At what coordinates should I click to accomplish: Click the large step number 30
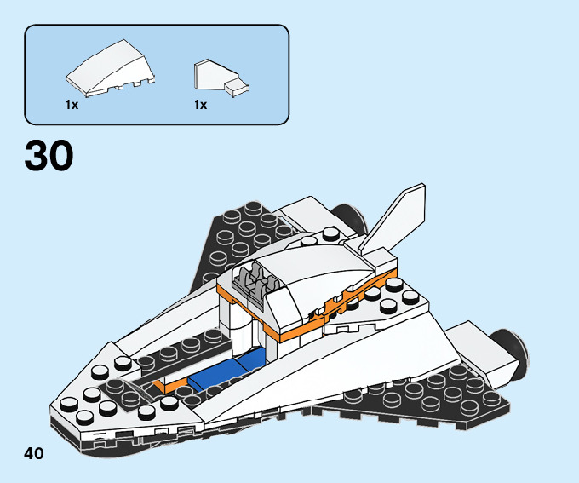pyautogui.click(x=49, y=155)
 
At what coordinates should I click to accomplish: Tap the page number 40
pyautogui.click(x=34, y=452)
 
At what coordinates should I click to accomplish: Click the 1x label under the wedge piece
pyautogui.click(x=72, y=105)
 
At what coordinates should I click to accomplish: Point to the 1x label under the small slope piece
pyautogui.click(x=200, y=105)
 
